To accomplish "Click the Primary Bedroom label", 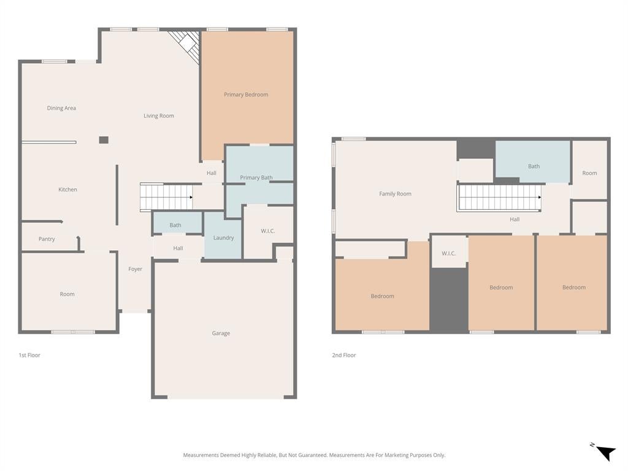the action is [246, 94].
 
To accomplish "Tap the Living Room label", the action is [159, 116].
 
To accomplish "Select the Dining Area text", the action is [61, 108].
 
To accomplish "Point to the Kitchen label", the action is [67, 190].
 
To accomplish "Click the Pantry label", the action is [47, 239].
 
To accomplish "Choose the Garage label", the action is [221, 333].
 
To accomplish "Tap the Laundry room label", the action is [223, 238].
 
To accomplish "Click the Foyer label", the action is [135, 269].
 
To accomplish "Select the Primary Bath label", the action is [256, 177].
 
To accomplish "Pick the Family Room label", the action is [395, 194].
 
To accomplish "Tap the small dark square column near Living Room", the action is [104, 140].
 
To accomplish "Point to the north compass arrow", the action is [606, 453].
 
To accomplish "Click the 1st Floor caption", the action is [29, 355].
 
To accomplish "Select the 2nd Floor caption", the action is [343, 355].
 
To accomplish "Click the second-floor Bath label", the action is [534, 166].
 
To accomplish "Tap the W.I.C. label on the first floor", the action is [267, 231].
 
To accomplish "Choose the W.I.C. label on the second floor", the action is [448, 253].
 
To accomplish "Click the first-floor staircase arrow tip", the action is [192, 197].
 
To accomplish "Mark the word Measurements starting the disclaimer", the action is [201, 456].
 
